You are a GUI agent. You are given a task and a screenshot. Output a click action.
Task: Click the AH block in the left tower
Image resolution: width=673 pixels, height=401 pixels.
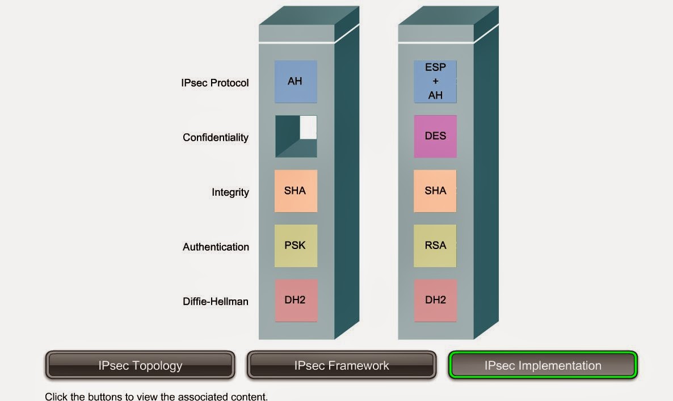pyautogui.click(x=295, y=82)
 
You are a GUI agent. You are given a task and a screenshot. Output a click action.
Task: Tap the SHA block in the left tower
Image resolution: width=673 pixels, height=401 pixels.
pyautogui.click(x=295, y=191)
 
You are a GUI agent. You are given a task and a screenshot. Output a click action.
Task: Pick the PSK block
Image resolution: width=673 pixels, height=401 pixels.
pyautogui.click(x=295, y=246)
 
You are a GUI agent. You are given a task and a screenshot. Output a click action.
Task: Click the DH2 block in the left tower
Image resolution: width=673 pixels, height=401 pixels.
pyautogui.click(x=295, y=300)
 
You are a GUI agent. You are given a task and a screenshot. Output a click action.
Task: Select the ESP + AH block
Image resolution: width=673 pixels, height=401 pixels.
pyautogui.click(x=435, y=82)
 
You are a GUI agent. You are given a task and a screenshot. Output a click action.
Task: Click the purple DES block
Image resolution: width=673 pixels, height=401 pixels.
pyautogui.click(x=435, y=137)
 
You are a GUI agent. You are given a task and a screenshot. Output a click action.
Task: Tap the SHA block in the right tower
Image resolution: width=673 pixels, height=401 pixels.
pyautogui.click(x=435, y=191)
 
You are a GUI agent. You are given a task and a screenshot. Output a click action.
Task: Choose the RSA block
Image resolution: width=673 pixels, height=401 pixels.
pyautogui.click(x=435, y=246)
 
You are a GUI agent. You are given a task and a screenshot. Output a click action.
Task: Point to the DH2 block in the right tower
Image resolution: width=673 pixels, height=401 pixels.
pyautogui.click(x=435, y=300)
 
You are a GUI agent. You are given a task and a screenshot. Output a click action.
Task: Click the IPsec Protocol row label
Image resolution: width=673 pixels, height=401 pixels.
pyautogui.click(x=214, y=83)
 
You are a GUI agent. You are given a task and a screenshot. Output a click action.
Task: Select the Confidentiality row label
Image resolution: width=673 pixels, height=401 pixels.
pyautogui.click(x=216, y=138)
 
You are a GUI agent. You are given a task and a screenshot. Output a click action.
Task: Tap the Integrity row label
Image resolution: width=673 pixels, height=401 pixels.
pyautogui.click(x=230, y=192)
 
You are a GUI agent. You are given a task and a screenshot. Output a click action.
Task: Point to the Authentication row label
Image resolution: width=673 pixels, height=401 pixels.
pyautogui.click(x=216, y=247)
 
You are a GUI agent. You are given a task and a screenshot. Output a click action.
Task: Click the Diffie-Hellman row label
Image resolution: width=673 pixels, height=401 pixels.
pyautogui.click(x=215, y=302)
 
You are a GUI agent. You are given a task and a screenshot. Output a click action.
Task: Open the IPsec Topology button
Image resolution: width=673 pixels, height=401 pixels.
pyautogui.click(x=140, y=365)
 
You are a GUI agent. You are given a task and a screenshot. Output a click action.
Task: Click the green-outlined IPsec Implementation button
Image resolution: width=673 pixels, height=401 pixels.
pyautogui.click(x=543, y=365)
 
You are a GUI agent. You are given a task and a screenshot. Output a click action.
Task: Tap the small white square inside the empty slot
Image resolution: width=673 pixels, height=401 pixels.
pyautogui.click(x=308, y=127)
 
